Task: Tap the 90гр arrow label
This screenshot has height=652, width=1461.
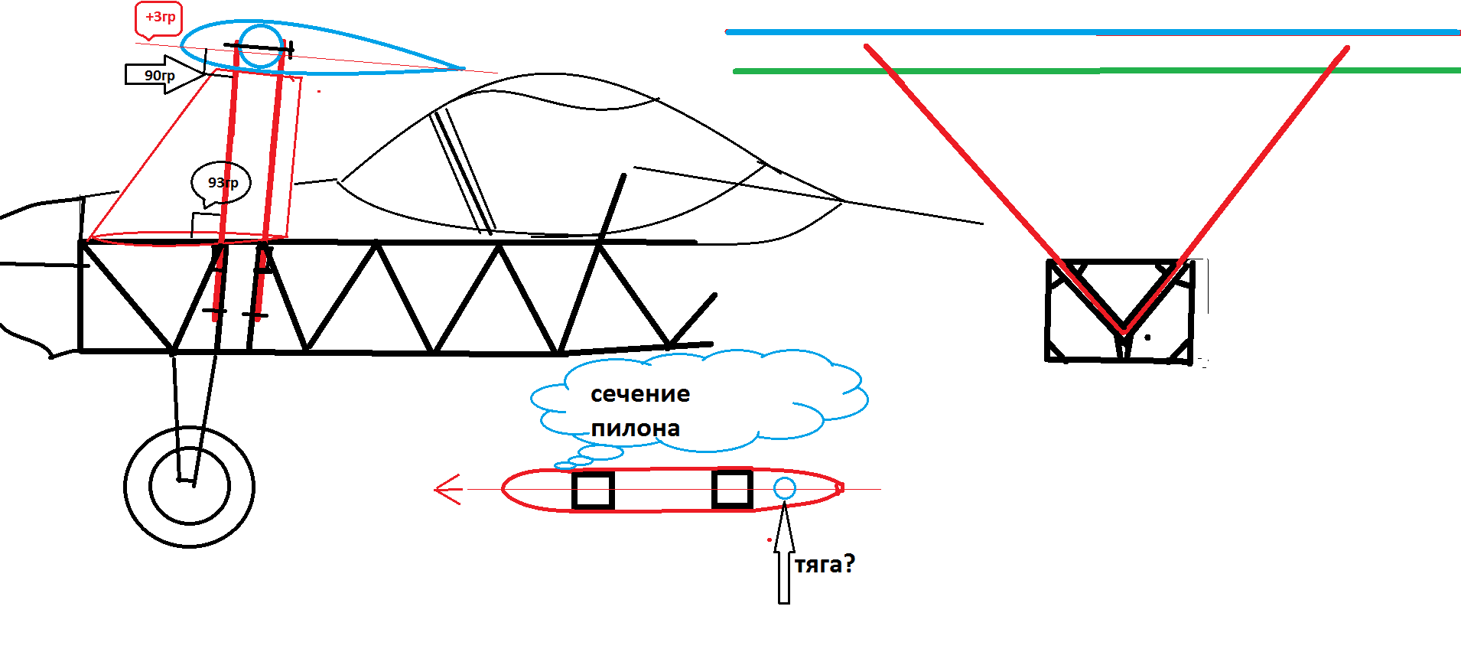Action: point(160,75)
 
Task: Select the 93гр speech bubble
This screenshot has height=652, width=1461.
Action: point(221,183)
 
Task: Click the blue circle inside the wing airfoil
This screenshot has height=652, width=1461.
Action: point(261,46)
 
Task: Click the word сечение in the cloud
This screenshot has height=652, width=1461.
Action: point(639,394)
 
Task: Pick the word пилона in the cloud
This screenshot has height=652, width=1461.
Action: point(635,429)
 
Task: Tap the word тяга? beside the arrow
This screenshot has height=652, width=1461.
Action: point(825,565)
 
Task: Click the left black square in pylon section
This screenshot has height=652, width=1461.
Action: point(593,490)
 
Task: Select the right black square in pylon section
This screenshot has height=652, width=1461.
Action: point(732,488)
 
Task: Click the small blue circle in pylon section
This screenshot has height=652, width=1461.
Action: point(784,488)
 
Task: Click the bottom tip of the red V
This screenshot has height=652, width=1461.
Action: point(1124,331)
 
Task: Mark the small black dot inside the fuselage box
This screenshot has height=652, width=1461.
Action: point(1147,337)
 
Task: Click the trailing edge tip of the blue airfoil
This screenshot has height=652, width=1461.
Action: point(462,68)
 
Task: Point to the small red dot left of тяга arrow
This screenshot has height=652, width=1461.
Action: point(769,540)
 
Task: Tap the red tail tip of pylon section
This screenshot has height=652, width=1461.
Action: point(840,487)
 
